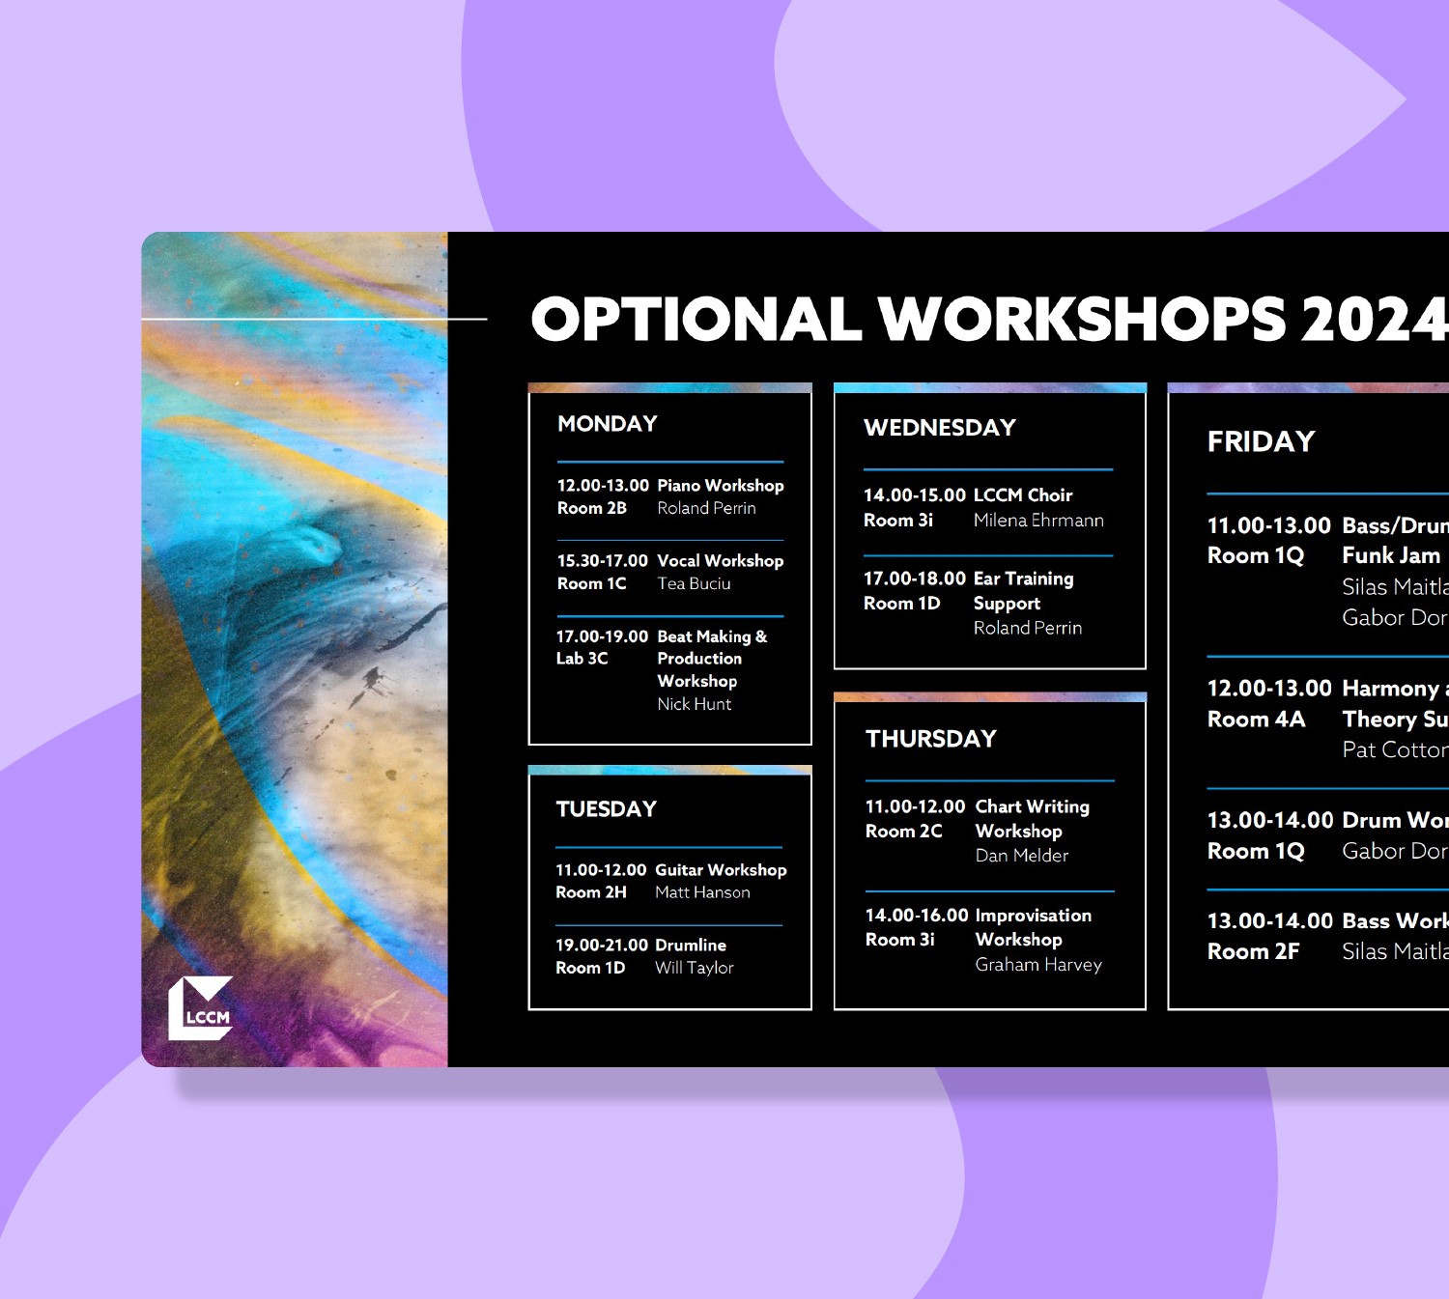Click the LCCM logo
tap(201, 1008)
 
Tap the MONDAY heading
tap(607, 424)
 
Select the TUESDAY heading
tap(606, 809)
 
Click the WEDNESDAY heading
tap(939, 428)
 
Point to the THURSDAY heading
tap(930, 739)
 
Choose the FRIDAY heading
tap(1261, 441)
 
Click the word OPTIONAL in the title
tap(696, 319)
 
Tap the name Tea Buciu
tap(694, 583)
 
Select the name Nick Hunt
tap(694, 704)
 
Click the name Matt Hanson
tap(702, 892)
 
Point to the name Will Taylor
tap(694, 968)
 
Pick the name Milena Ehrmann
tap(1037, 521)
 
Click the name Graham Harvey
tap(1037, 965)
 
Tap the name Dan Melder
tap(1021, 856)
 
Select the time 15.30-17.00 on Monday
tap(602, 561)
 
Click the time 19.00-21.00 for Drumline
tap(601, 946)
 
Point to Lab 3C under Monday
tap(582, 659)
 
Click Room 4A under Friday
tap(1256, 720)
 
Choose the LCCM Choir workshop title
tap(1022, 495)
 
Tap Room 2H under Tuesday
tap(590, 892)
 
